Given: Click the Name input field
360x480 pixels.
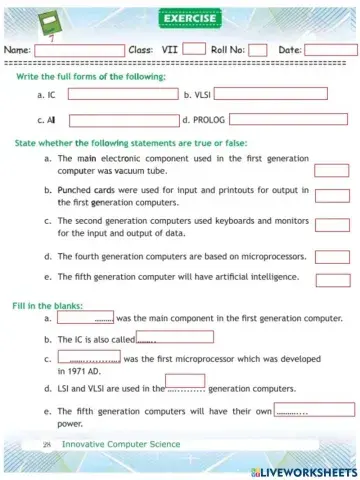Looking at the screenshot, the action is [x=79, y=49].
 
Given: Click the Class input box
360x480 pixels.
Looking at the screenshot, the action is [x=194, y=49].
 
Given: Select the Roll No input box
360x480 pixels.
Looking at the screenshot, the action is [x=257, y=49].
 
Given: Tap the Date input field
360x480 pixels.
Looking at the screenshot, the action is [x=330, y=49].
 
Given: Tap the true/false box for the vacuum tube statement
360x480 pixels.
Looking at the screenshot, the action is [x=331, y=170].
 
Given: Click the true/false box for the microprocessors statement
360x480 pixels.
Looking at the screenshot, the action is [x=331, y=257].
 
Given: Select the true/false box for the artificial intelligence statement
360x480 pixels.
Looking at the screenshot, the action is [x=331, y=279].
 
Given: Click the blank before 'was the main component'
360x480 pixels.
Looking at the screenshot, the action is [x=85, y=318].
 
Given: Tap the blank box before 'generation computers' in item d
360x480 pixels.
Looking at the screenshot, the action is [x=191, y=381].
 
